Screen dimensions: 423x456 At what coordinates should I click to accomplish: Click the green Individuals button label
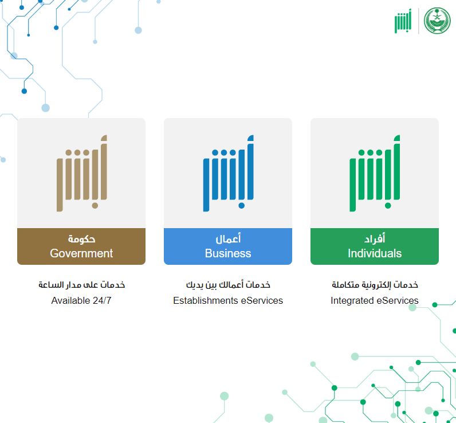375,246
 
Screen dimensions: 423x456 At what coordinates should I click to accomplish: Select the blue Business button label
228,246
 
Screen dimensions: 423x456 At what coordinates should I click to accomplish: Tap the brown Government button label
81,246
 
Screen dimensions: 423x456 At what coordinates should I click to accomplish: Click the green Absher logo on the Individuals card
375,173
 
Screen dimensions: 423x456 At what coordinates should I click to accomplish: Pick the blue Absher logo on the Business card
228,173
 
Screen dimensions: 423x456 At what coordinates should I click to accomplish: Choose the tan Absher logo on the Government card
81,173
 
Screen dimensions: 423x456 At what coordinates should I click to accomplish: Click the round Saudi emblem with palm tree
437,21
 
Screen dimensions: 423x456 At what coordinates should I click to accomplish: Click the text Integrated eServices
375,300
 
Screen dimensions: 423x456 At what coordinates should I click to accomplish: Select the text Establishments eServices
228,300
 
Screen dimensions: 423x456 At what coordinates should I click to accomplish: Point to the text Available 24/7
81,300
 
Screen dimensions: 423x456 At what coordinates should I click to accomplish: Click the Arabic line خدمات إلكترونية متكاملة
375,285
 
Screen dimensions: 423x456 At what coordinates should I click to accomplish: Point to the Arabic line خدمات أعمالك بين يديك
228,285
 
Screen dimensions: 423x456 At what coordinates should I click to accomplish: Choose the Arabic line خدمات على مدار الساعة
81,285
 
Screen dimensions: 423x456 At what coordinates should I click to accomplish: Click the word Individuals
375,253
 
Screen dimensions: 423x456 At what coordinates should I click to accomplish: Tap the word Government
81,253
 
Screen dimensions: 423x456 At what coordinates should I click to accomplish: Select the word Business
228,253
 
